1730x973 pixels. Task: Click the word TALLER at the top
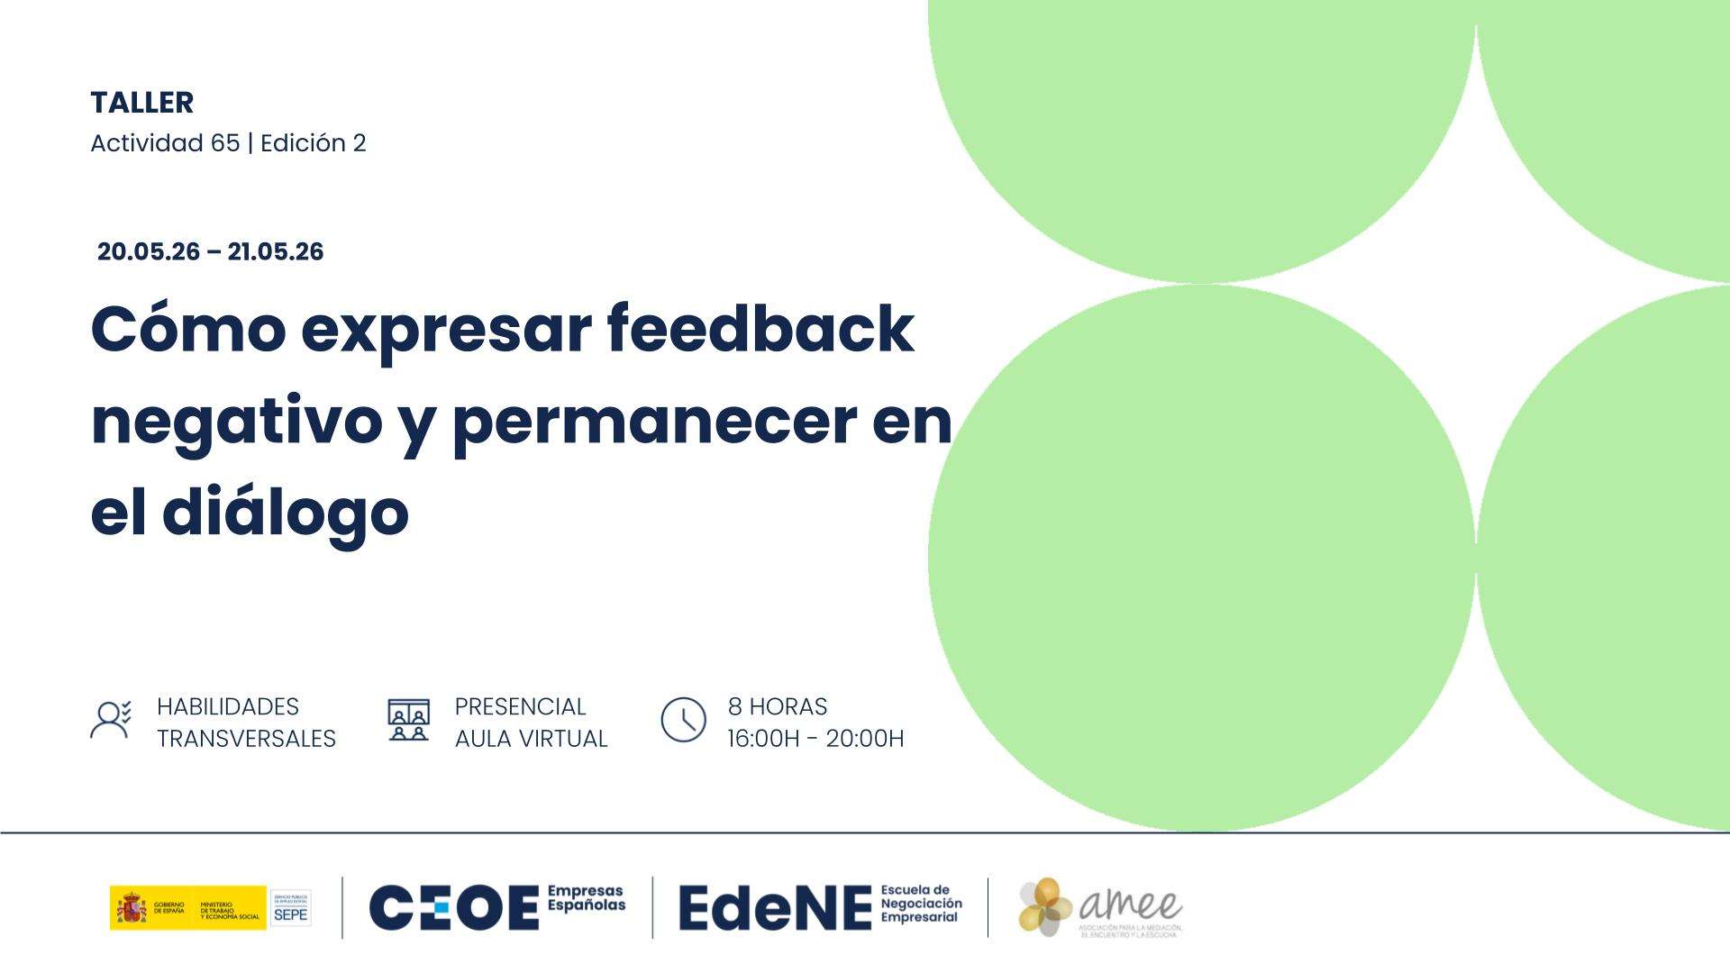(141, 103)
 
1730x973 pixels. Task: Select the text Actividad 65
(165, 143)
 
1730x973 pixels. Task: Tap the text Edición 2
(313, 143)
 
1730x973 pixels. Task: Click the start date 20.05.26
(149, 251)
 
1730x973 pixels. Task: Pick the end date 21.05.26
(275, 251)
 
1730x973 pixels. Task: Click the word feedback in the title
(760, 329)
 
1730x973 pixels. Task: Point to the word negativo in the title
(237, 422)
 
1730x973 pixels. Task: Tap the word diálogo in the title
(286, 514)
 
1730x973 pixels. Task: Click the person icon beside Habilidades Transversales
(111, 721)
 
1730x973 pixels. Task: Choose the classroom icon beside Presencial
(408, 720)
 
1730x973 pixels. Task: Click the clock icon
(683, 720)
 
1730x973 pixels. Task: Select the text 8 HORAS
(778, 706)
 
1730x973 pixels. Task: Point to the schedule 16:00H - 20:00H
(815, 739)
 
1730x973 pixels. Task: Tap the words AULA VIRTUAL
(531, 739)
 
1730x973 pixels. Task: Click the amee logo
(1100, 906)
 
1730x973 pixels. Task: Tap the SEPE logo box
(290, 907)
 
